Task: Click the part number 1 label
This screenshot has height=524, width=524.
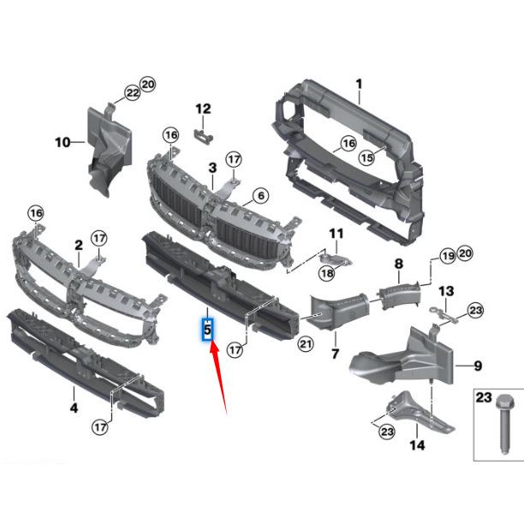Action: (360, 83)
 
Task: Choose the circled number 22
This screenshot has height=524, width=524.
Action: (132, 92)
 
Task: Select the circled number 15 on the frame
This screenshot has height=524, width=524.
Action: (366, 157)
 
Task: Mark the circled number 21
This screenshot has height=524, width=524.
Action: (306, 344)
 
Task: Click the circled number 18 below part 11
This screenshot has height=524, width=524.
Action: (326, 272)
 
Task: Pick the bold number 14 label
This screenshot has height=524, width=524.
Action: (417, 445)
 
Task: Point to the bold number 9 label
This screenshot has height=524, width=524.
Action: (478, 366)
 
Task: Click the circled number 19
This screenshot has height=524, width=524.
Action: (446, 255)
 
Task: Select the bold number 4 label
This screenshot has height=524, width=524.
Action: (74, 408)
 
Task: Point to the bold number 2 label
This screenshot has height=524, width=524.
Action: (78, 245)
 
